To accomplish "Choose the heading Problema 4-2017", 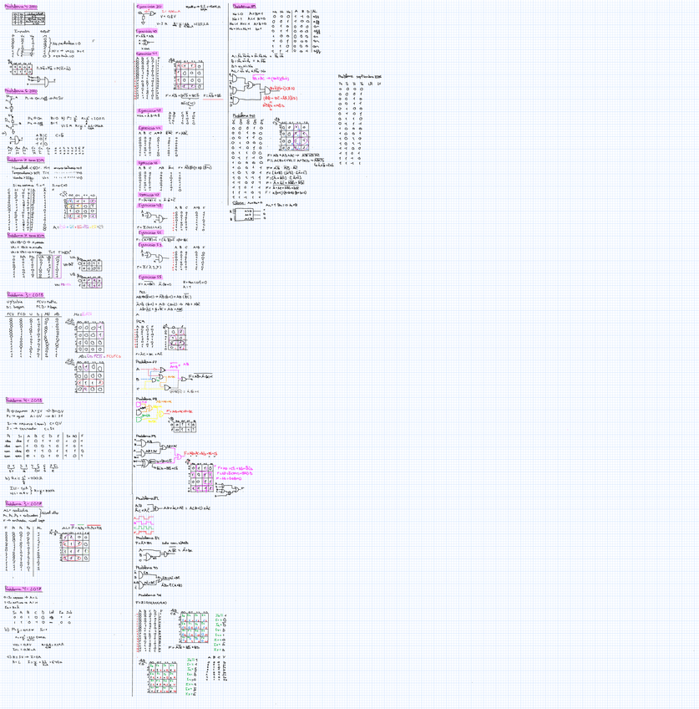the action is point(23,588).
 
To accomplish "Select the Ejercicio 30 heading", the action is point(151,7).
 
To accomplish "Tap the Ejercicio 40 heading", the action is point(151,31).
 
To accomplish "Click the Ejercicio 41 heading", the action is point(151,53).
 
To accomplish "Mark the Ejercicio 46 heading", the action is point(151,162).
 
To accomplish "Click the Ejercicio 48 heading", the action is point(151,205).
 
